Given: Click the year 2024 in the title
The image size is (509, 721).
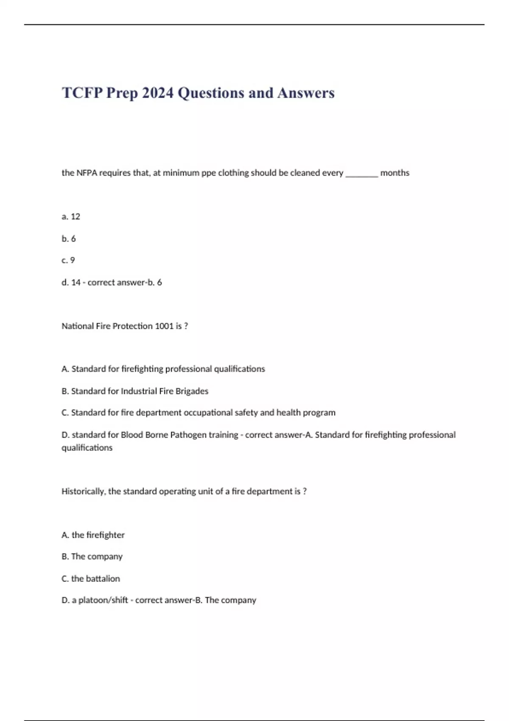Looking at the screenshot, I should tap(157, 93).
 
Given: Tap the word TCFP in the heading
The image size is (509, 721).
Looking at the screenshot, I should tap(82, 93).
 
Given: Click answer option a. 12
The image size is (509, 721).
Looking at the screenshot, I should tap(71, 217).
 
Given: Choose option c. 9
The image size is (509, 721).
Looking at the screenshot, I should tap(68, 260).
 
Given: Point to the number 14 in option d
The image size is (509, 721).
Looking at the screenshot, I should tap(76, 282).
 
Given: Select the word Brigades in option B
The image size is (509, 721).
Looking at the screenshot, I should tap(192, 391).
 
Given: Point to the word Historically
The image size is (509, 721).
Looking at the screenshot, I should tap(83, 492).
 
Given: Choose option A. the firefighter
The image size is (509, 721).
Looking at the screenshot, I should tap(93, 535).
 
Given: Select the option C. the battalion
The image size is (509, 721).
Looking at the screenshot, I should tap(91, 578).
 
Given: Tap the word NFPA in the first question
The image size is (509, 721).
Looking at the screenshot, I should tap(87, 173).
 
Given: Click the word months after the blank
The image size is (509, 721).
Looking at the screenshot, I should tap(394, 173).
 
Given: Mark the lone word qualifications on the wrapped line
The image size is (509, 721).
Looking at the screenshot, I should tap(87, 448).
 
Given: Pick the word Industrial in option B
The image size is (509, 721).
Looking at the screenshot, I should tap(139, 391).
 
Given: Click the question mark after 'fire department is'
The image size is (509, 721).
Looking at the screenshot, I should tap(305, 492).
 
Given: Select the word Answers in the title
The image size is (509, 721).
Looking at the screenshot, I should tap(306, 93).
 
